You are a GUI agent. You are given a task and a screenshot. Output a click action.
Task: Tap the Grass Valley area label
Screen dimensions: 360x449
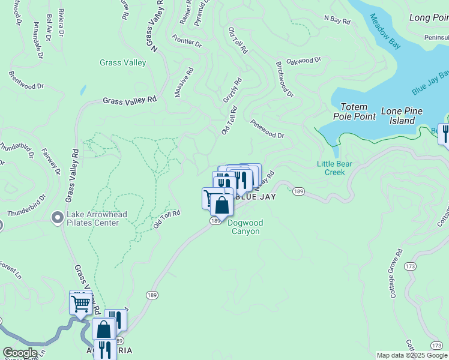[122, 62]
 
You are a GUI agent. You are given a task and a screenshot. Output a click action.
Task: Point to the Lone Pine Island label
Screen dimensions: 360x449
[402, 116]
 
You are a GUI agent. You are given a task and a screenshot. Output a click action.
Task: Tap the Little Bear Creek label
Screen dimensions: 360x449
[334, 168]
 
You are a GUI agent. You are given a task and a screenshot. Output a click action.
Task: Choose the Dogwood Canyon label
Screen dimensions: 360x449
[244, 227]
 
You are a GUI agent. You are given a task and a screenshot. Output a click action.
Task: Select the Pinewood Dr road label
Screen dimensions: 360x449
[267, 131]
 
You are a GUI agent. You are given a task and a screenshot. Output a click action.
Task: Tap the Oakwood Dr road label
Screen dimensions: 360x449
[304, 61]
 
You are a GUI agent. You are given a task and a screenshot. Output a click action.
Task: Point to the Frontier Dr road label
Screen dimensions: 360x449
[187, 42]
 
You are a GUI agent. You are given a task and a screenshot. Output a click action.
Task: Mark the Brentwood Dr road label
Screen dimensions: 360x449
[26, 82]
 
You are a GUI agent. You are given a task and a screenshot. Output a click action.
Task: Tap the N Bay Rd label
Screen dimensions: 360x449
[337, 20]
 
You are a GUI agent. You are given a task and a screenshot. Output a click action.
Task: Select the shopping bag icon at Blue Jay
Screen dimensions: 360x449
[222, 205]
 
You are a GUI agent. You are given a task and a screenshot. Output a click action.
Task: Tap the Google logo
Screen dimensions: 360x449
[20, 353]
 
